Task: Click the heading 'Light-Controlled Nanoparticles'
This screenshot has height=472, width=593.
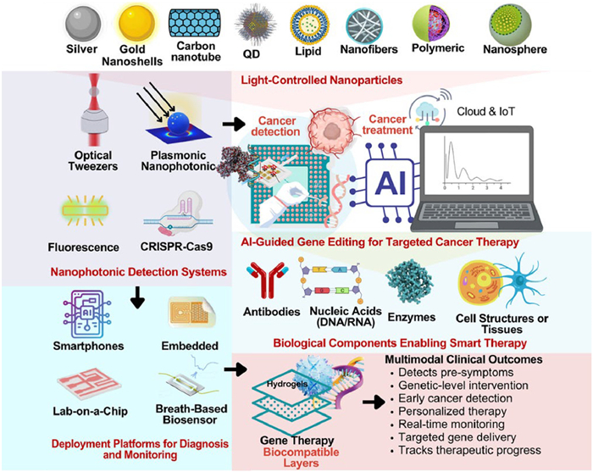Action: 320,80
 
